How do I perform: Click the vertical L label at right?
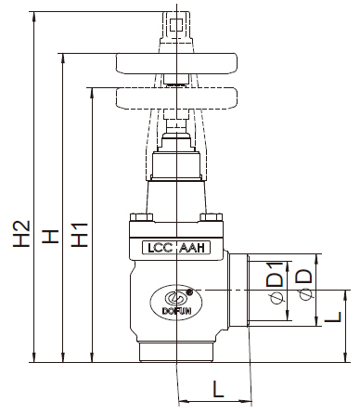point(337,318)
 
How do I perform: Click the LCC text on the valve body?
point(155,249)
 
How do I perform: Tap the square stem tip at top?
point(174,18)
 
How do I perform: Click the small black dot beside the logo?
point(191,291)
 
